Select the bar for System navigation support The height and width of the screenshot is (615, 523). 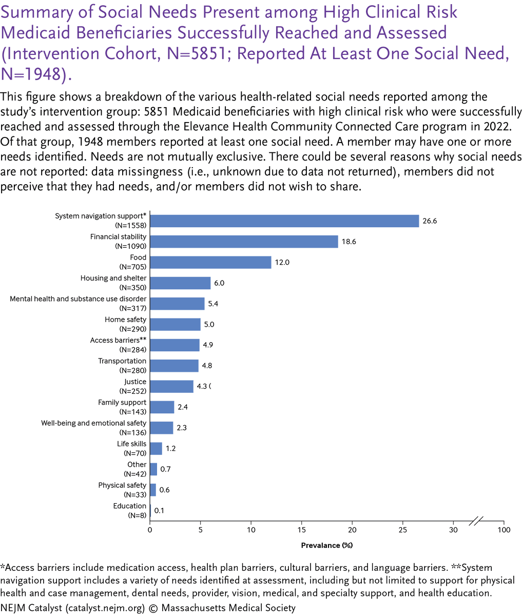(284, 221)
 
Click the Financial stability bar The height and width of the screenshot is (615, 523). (244, 242)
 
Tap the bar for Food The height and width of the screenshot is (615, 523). (210, 263)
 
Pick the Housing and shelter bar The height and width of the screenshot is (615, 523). (180, 283)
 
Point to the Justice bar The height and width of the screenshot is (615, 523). (171, 386)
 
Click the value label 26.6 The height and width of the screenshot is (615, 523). (430, 222)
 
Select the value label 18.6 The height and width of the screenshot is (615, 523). (348, 242)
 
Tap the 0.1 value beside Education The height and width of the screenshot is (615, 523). (159, 510)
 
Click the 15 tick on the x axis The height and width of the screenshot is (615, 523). (302, 529)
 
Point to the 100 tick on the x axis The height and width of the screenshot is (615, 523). (503, 529)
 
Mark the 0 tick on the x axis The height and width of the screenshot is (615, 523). (150, 529)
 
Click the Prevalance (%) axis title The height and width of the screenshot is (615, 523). (327, 545)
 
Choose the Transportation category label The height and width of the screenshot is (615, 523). (122, 361)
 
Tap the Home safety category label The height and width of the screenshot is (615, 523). (125, 320)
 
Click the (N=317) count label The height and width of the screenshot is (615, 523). (132, 308)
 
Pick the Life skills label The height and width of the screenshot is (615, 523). (132, 444)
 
